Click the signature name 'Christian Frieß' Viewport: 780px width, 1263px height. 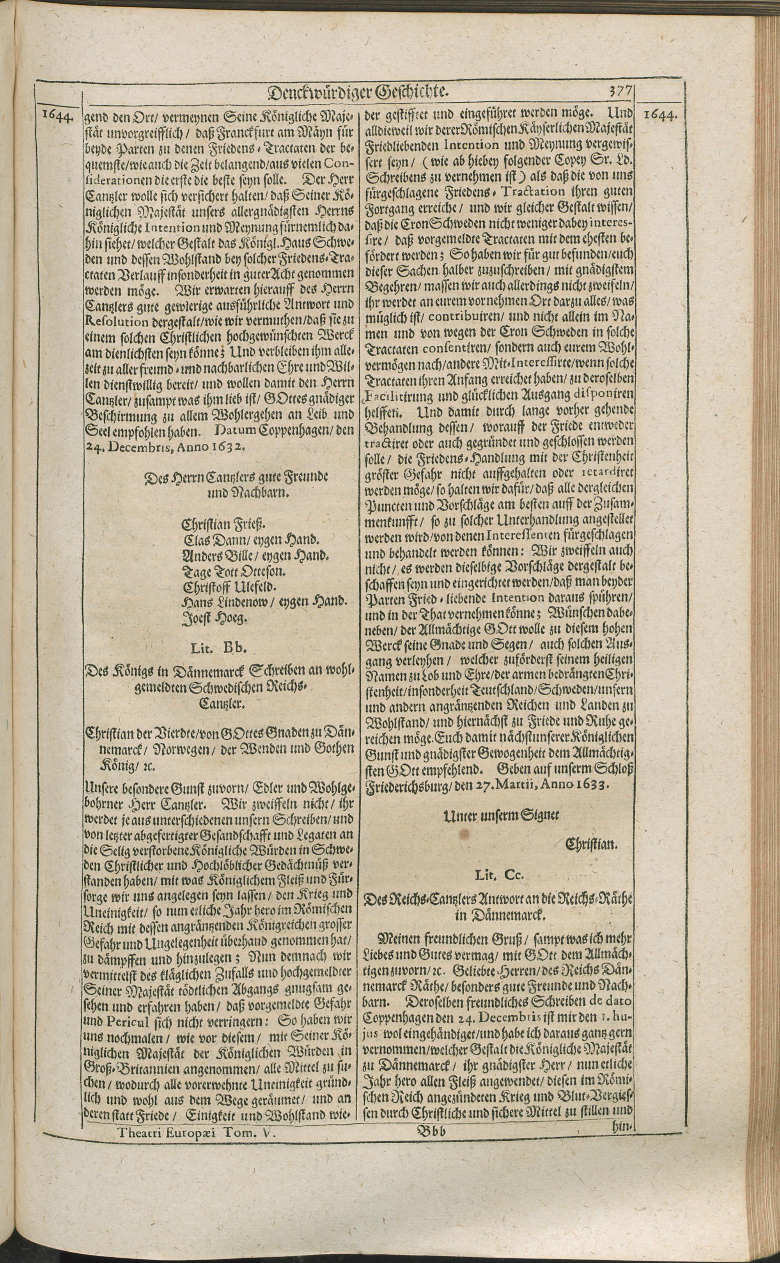tap(224, 525)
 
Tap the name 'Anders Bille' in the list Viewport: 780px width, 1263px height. tap(214, 556)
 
